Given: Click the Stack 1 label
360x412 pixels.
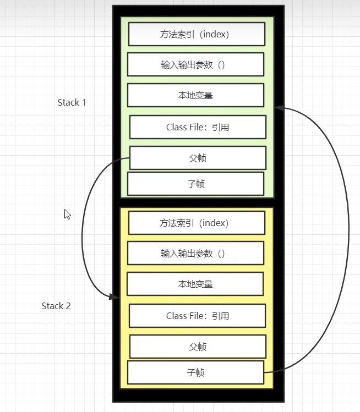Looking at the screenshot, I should [x=72, y=102].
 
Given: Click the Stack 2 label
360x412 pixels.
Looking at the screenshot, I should [x=56, y=306].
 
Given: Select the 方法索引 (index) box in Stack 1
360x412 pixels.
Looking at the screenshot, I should [x=197, y=34].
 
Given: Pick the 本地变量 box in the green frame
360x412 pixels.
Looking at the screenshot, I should [x=195, y=95].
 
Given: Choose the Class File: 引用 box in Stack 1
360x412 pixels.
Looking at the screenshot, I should [x=198, y=127].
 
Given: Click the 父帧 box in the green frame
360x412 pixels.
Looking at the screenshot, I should [x=198, y=158].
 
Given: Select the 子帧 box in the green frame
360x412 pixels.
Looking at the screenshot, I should [x=195, y=184].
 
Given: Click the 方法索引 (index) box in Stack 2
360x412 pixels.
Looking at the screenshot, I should [x=197, y=223].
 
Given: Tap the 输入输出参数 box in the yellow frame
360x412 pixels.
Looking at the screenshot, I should [x=195, y=254].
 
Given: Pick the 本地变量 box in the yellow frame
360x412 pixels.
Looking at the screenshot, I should [x=195, y=284].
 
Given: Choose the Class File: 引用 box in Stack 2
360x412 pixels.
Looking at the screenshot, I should [x=197, y=316].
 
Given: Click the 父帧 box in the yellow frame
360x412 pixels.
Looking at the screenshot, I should [x=198, y=347].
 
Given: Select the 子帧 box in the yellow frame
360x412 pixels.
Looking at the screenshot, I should [x=195, y=372].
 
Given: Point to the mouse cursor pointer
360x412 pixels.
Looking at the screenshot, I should [x=67, y=213].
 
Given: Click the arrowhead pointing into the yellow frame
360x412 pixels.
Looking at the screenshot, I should [x=114, y=296].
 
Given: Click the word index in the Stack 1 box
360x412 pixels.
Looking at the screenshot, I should [x=214, y=34].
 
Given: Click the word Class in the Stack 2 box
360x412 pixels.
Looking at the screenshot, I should [x=176, y=316].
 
